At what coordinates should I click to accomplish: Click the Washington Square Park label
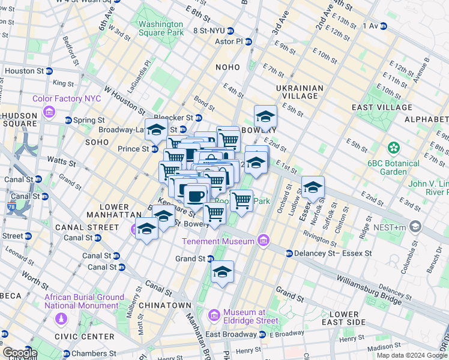(x=161, y=28)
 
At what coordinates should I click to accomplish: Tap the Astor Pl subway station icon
(x=248, y=41)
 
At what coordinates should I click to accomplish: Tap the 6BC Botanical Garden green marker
(x=394, y=147)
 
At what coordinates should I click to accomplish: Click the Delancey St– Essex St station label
(x=333, y=253)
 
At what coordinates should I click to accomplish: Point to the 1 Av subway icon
(x=383, y=26)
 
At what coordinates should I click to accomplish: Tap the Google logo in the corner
(x=20, y=353)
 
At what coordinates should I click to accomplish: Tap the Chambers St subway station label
(x=95, y=354)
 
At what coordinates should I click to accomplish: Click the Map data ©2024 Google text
(x=411, y=355)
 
